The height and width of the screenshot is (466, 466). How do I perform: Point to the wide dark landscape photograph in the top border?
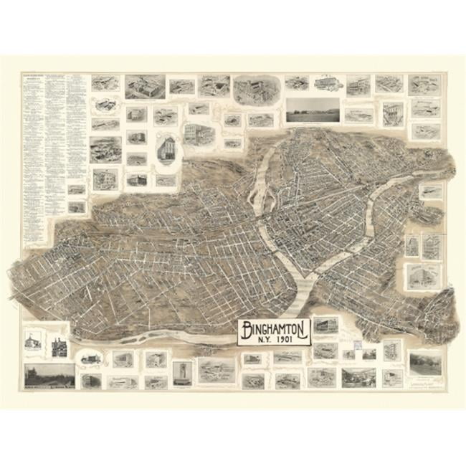click(313, 110)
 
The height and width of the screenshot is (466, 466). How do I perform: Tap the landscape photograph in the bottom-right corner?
click(424, 362)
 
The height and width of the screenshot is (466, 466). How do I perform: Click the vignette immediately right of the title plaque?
click(325, 326)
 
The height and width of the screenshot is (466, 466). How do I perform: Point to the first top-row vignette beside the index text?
click(100, 83)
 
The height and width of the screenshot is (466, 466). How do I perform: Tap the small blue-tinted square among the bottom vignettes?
click(368, 354)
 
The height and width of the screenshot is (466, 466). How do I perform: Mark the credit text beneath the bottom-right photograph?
click(424, 381)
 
